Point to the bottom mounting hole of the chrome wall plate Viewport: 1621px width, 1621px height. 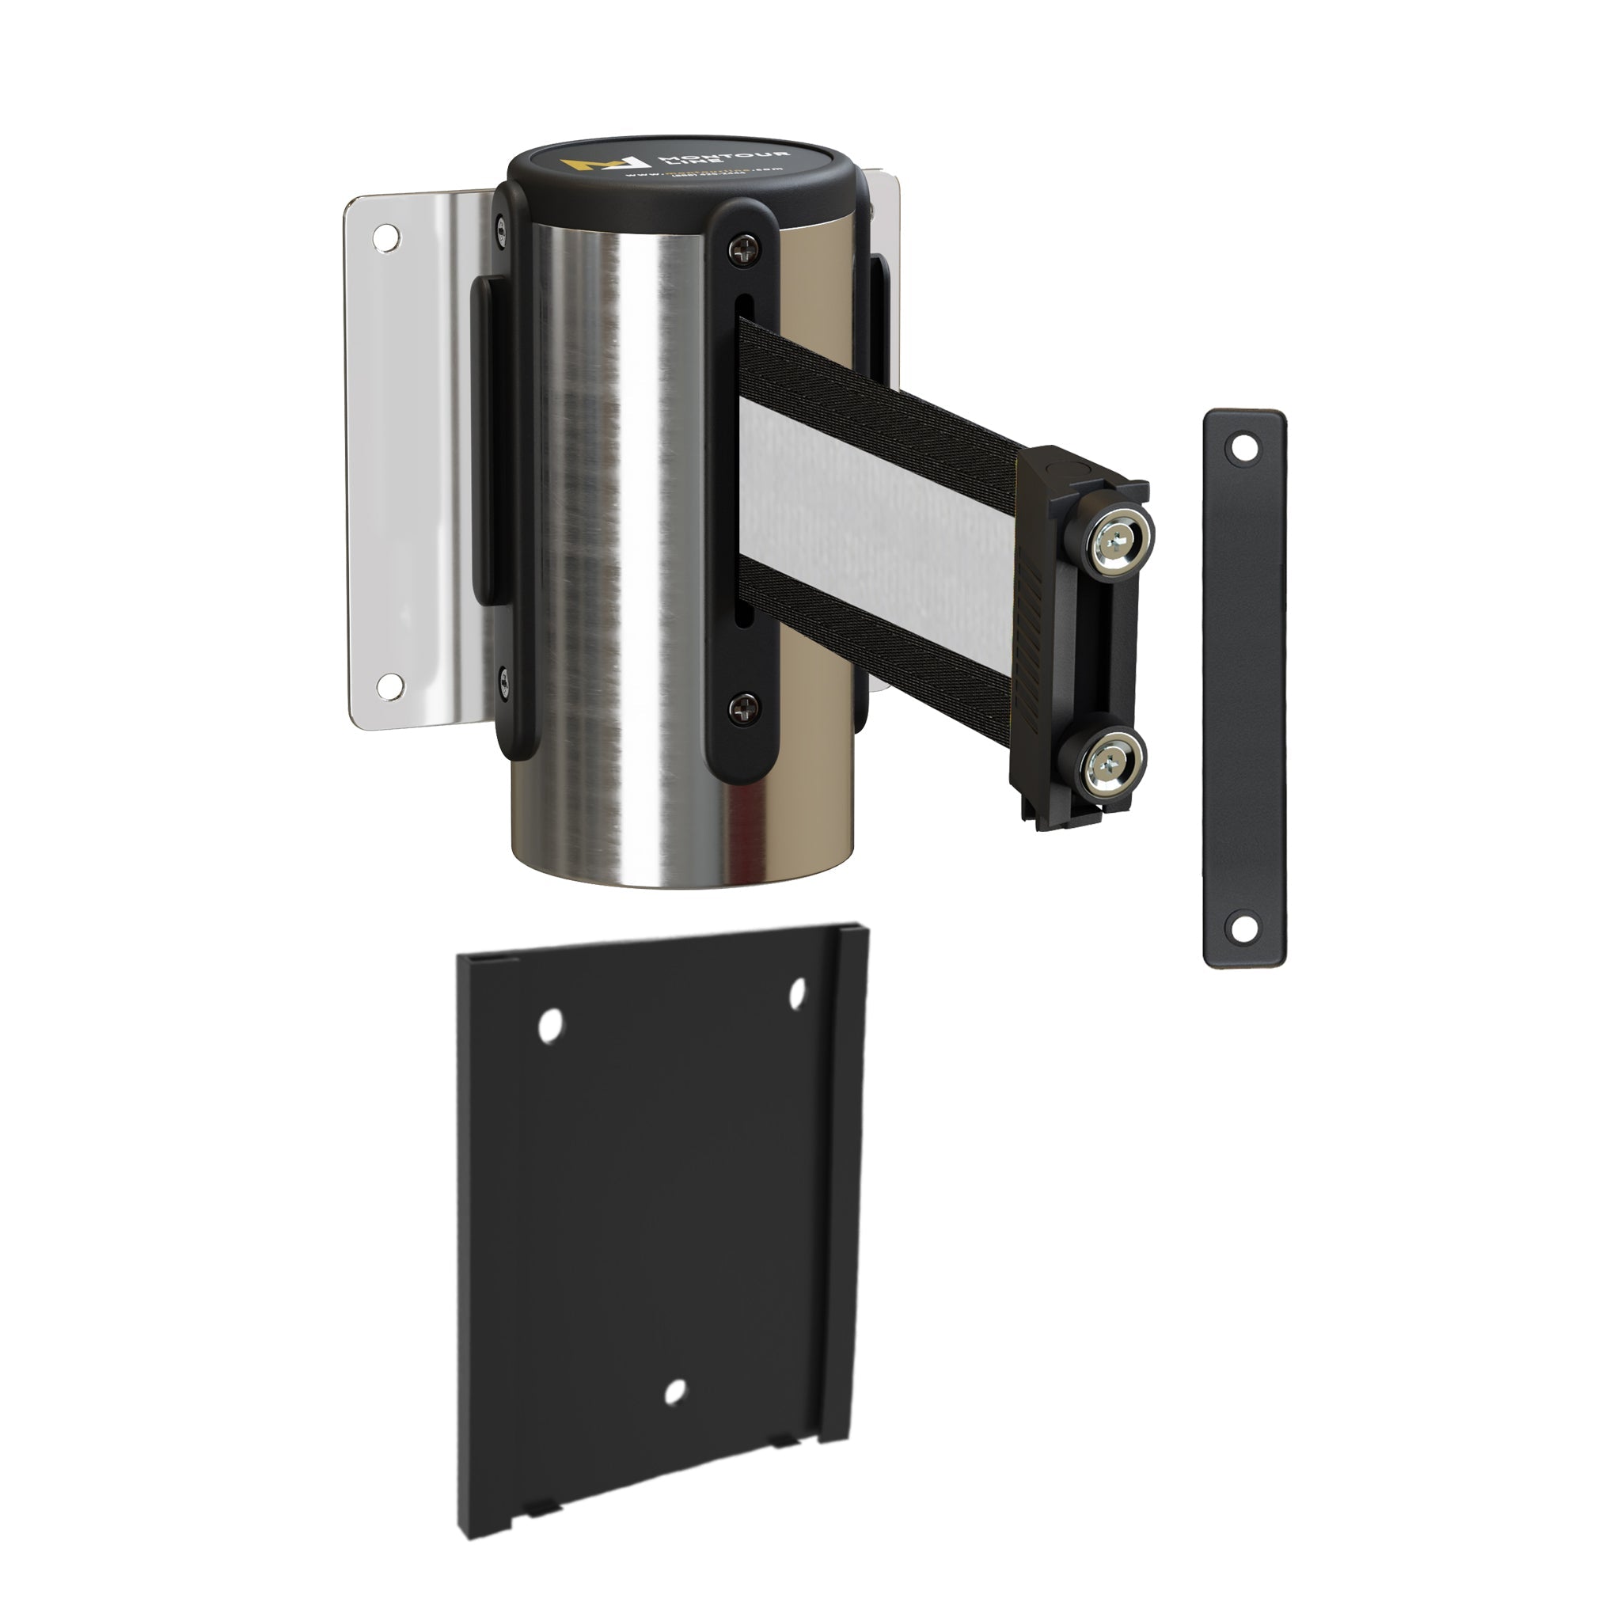389,686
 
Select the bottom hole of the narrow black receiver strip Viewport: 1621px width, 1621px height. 1243,926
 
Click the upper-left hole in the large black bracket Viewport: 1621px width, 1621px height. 549,1025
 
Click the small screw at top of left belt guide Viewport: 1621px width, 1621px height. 502,226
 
